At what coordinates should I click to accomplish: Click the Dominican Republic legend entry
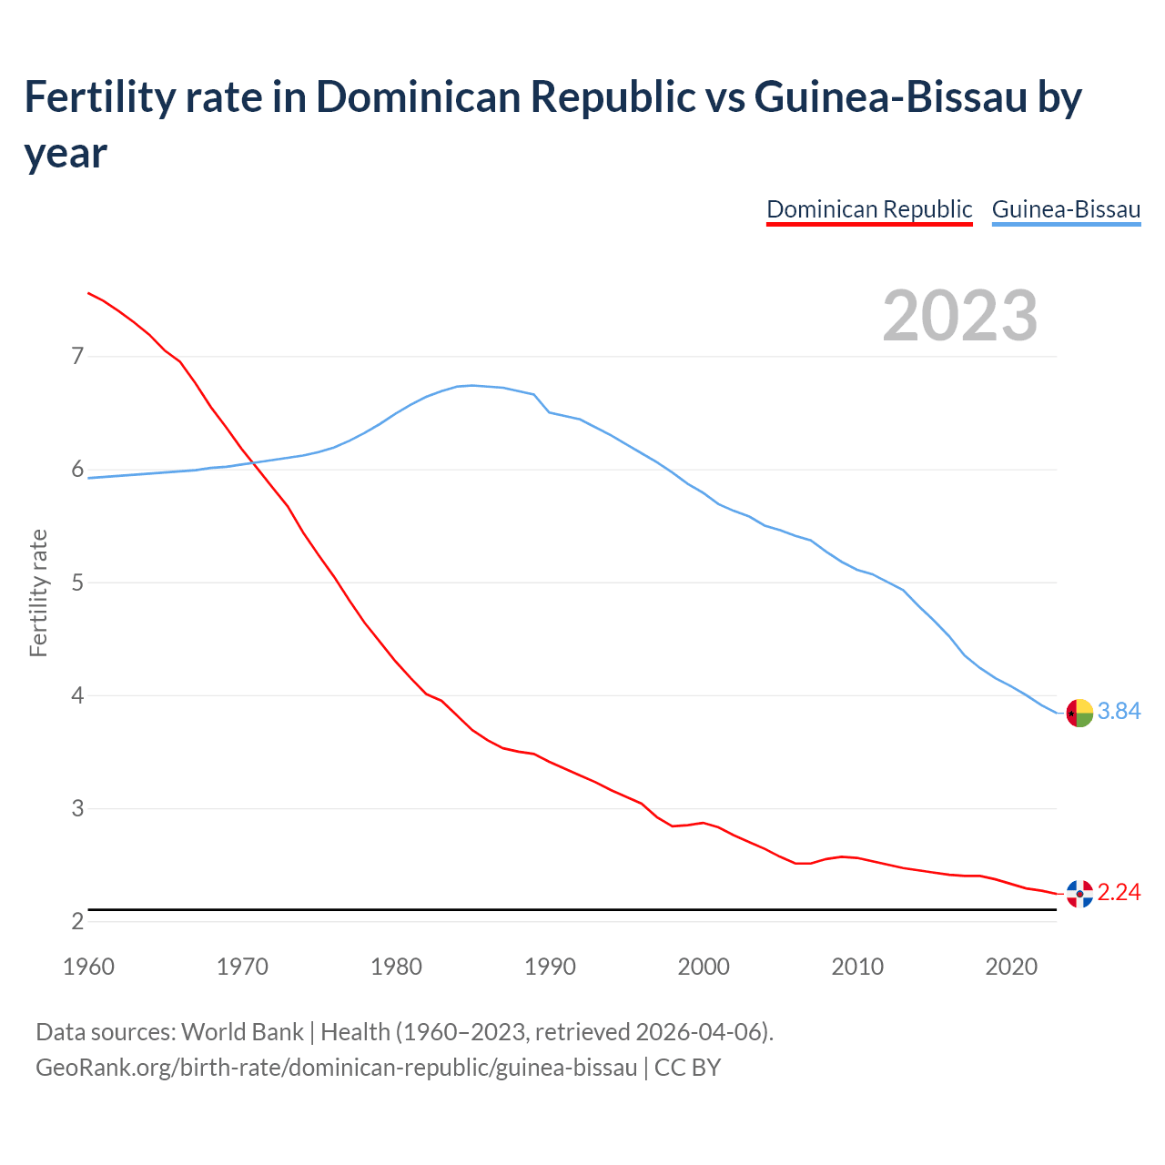click(869, 209)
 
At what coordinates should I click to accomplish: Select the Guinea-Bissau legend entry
click(1066, 209)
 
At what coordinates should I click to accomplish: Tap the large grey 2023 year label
click(960, 316)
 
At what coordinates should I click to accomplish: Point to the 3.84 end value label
click(1119, 711)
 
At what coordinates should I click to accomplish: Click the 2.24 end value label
click(1119, 892)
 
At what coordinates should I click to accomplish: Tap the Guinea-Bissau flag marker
click(1079, 713)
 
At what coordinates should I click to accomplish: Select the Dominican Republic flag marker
click(1079, 894)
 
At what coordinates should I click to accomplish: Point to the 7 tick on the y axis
click(77, 356)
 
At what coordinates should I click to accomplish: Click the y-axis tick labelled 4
click(77, 695)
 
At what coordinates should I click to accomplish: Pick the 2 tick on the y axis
click(77, 921)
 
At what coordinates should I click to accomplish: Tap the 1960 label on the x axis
click(88, 967)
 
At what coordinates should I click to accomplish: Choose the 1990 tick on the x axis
click(550, 967)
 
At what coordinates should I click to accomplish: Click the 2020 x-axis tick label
click(1011, 967)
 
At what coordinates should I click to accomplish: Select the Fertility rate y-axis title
click(38, 593)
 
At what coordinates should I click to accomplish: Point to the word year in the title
click(66, 153)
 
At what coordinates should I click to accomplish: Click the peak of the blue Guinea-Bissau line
click(471, 385)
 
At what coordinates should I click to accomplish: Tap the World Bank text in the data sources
click(242, 1032)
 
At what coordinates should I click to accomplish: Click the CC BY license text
click(687, 1067)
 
